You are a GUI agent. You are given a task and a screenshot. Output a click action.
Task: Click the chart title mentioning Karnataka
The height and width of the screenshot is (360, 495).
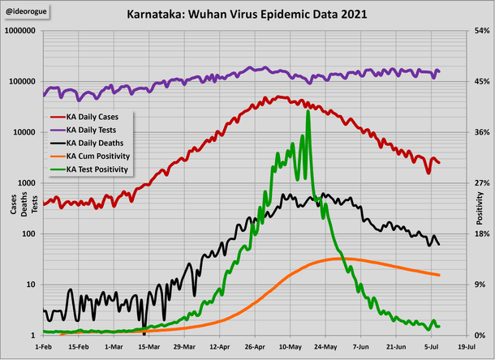(247, 14)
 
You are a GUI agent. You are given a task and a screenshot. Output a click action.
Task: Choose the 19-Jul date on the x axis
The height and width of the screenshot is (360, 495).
(467, 345)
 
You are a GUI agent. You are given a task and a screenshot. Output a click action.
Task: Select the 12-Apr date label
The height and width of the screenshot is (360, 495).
(220, 345)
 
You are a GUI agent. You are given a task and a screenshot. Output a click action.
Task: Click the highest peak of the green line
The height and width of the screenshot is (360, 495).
(308, 112)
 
